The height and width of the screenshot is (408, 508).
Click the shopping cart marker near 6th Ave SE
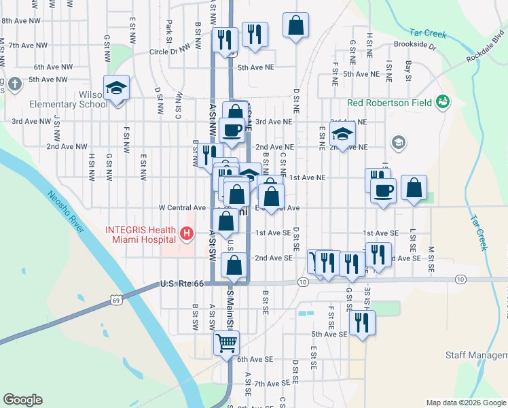click(x=227, y=343)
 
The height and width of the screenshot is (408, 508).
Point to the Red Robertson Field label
click(x=390, y=103)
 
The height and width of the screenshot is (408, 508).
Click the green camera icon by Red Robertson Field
click(x=443, y=102)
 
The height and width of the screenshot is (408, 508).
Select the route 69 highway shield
click(x=117, y=299)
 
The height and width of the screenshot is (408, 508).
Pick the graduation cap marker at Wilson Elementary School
click(x=117, y=88)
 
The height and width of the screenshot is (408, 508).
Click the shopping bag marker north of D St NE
click(x=296, y=27)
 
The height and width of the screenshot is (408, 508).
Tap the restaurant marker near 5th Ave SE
click(x=361, y=322)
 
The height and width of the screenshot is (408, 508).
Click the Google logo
click(x=23, y=400)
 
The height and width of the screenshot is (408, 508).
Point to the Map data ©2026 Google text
click(x=465, y=403)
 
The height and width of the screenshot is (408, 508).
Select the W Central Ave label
click(x=182, y=207)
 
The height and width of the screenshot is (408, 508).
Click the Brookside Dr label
click(x=414, y=44)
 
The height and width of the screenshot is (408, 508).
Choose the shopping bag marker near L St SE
click(x=413, y=187)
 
